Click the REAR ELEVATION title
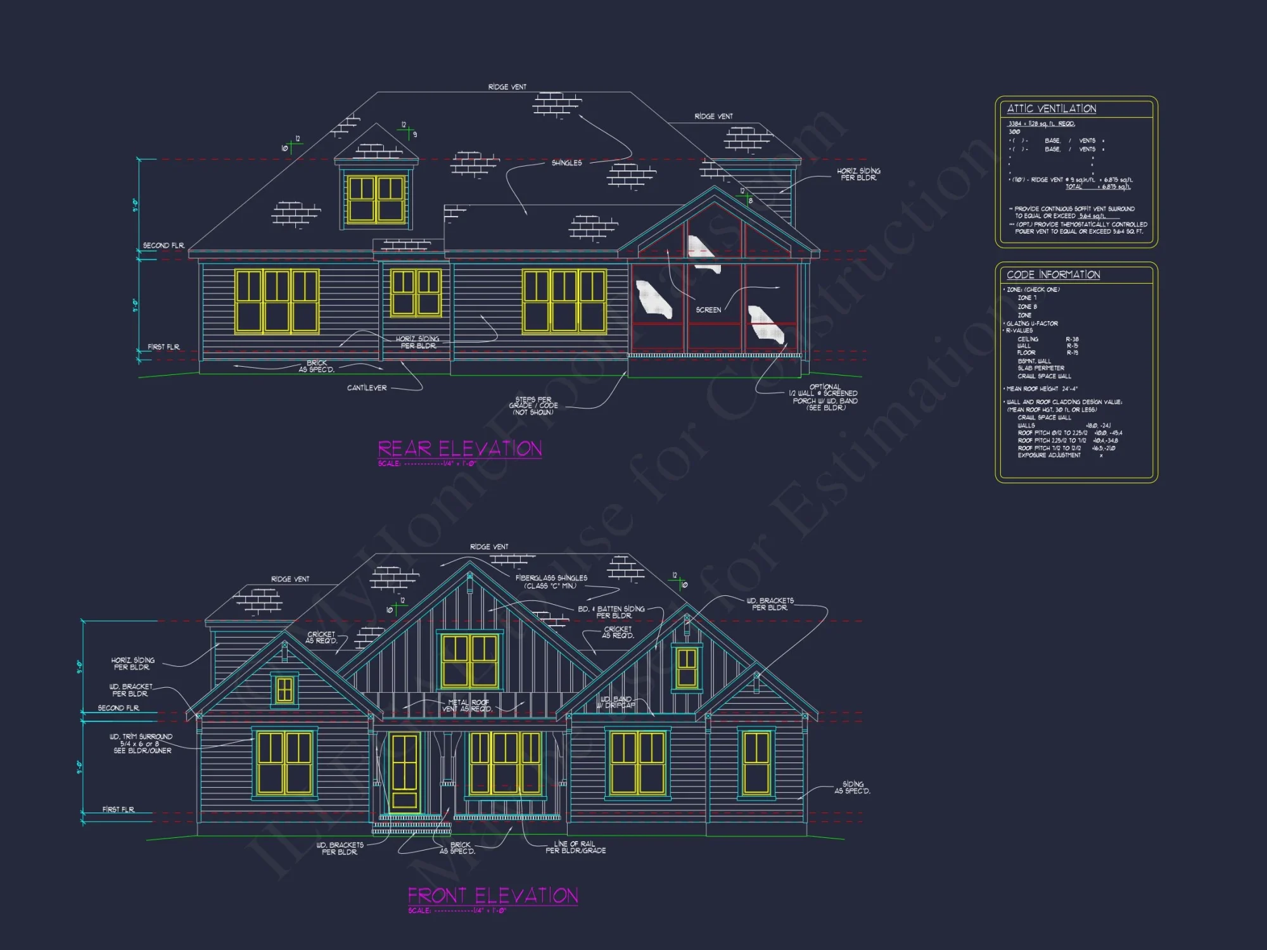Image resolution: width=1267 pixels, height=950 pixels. pyautogui.click(x=460, y=449)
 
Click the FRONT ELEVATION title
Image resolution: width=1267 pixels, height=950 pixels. pyautogui.click(x=492, y=896)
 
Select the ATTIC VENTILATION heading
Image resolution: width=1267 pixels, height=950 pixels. pyautogui.click(x=1052, y=109)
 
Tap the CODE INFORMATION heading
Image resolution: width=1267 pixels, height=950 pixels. pyautogui.click(x=1053, y=275)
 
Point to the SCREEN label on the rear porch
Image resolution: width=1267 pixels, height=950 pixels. pyautogui.click(x=708, y=310)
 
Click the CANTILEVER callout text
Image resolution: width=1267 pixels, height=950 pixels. pyautogui.click(x=367, y=388)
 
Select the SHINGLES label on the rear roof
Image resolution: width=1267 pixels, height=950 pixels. pyautogui.click(x=566, y=163)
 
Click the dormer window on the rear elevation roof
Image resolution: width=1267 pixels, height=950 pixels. pyautogui.click(x=376, y=199)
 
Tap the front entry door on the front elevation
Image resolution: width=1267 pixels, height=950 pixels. pyautogui.click(x=405, y=772)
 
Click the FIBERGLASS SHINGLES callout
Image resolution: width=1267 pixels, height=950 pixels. pyautogui.click(x=551, y=581)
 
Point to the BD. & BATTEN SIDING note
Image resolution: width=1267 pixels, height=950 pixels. pyautogui.click(x=611, y=612)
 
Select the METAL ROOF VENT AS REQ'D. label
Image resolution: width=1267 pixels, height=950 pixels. pyautogui.click(x=468, y=706)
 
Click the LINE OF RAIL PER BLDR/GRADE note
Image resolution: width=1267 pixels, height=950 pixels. pyautogui.click(x=575, y=847)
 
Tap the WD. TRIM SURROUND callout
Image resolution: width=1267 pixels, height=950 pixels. pyautogui.click(x=141, y=744)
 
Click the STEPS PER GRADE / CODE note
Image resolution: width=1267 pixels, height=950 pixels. pyautogui.click(x=533, y=405)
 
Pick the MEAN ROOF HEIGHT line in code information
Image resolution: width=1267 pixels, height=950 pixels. pyautogui.click(x=1042, y=389)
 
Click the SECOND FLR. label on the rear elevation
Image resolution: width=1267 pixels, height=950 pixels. pyautogui.click(x=163, y=245)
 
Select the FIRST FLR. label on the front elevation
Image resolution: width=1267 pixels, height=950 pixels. pyautogui.click(x=118, y=809)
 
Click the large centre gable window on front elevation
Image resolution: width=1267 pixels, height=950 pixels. pyautogui.click(x=469, y=660)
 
